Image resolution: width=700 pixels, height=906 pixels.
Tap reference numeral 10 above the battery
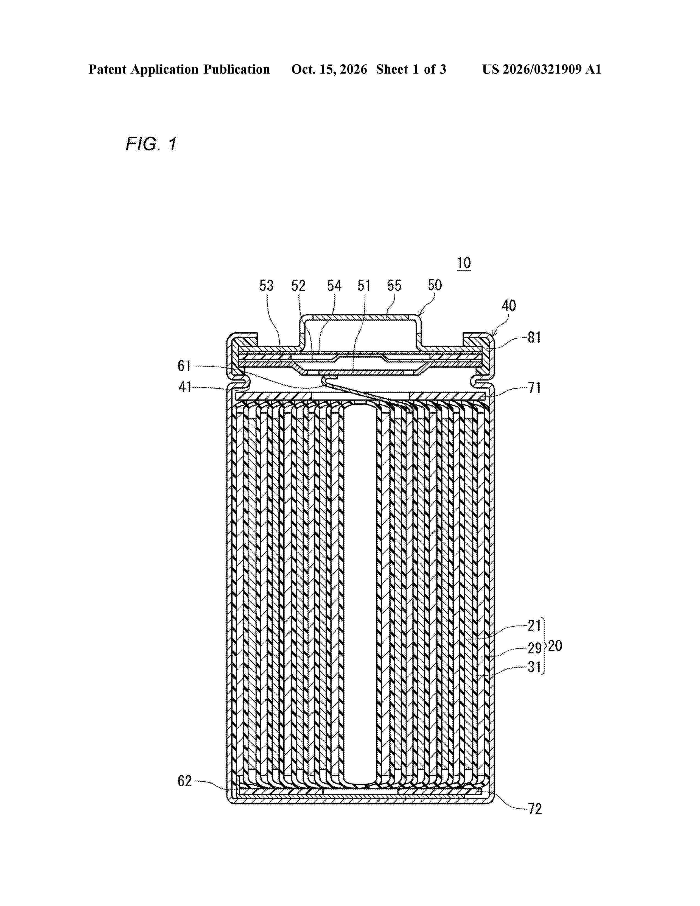pos(464,263)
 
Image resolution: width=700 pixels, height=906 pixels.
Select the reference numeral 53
pos(267,286)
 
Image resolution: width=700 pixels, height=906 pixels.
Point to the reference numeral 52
pos(298,286)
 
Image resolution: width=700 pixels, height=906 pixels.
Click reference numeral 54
pos(334,286)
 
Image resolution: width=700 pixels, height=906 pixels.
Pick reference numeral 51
pos(364,286)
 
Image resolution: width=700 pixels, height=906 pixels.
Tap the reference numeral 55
pos(394,286)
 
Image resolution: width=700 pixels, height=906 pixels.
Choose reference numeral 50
pos(435,285)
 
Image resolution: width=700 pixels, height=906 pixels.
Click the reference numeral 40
pos(509,306)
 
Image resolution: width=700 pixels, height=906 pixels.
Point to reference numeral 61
pos(184,366)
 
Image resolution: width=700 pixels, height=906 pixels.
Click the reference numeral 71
pos(534,388)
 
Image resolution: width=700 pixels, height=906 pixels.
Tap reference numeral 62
pos(184,781)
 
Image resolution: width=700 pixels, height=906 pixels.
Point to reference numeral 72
pos(535,809)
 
